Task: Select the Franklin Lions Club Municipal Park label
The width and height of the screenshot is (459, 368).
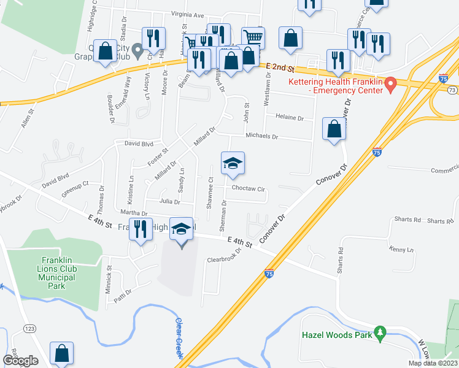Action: pos(53,268)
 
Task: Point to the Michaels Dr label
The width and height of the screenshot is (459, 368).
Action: pos(262,136)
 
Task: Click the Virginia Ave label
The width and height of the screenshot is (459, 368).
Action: pos(187,14)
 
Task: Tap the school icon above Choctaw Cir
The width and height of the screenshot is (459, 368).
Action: pos(233,163)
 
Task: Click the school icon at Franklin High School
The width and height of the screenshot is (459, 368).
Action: pos(181,229)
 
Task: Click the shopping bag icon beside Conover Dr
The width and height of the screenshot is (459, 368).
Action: pos(334,128)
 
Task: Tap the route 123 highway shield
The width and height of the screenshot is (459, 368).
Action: pos(29,329)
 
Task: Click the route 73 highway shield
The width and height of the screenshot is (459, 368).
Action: pos(452,90)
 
